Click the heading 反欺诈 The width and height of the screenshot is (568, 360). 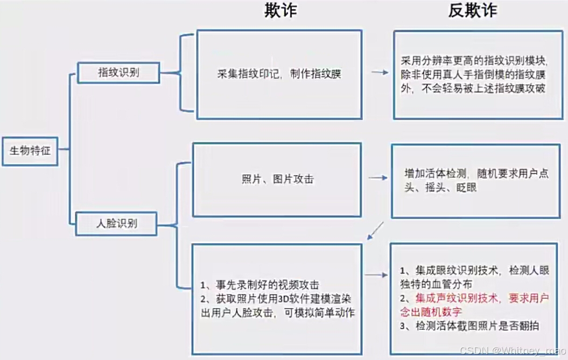tap(472, 11)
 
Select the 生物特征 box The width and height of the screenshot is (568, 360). tap(30, 151)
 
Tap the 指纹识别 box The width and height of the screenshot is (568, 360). tap(118, 73)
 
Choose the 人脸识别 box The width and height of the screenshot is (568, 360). tap(117, 223)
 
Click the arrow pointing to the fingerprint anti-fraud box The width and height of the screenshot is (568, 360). tap(380, 72)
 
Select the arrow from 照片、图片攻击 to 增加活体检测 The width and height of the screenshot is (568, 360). tap(378, 178)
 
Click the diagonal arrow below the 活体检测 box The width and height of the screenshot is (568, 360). tap(375, 230)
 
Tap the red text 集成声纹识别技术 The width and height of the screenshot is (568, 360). tap(457, 298)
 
